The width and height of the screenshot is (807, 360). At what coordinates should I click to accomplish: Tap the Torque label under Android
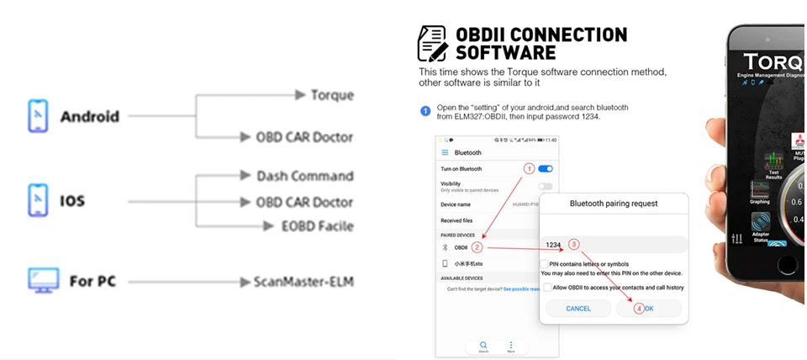click(332, 95)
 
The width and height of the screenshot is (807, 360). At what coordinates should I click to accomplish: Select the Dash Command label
click(305, 176)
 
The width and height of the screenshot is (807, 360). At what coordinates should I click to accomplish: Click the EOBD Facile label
click(318, 225)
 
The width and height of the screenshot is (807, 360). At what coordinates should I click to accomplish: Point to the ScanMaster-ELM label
click(303, 282)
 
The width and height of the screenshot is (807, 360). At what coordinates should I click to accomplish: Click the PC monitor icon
click(44, 281)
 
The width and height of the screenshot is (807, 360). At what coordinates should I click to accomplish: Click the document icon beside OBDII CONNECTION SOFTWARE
click(432, 43)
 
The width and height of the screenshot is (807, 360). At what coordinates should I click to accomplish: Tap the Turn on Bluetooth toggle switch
click(545, 169)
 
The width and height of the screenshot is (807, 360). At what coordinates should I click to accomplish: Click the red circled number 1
click(529, 169)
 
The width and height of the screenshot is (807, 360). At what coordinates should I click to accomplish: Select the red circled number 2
click(477, 247)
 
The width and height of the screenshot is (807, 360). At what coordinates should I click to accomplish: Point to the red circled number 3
click(574, 245)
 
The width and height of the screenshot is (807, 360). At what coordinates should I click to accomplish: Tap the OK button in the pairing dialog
click(649, 309)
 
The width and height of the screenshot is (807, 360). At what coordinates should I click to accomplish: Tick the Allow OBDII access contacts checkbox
click(547, 288)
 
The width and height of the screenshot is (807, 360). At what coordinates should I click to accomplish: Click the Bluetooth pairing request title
click(614, 204)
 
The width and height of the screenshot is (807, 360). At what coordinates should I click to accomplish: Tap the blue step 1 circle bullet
click(425, 110)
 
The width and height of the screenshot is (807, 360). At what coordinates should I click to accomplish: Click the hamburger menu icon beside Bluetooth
click(445, 152)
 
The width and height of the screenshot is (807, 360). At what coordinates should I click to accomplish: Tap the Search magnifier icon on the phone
click(483, 345)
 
